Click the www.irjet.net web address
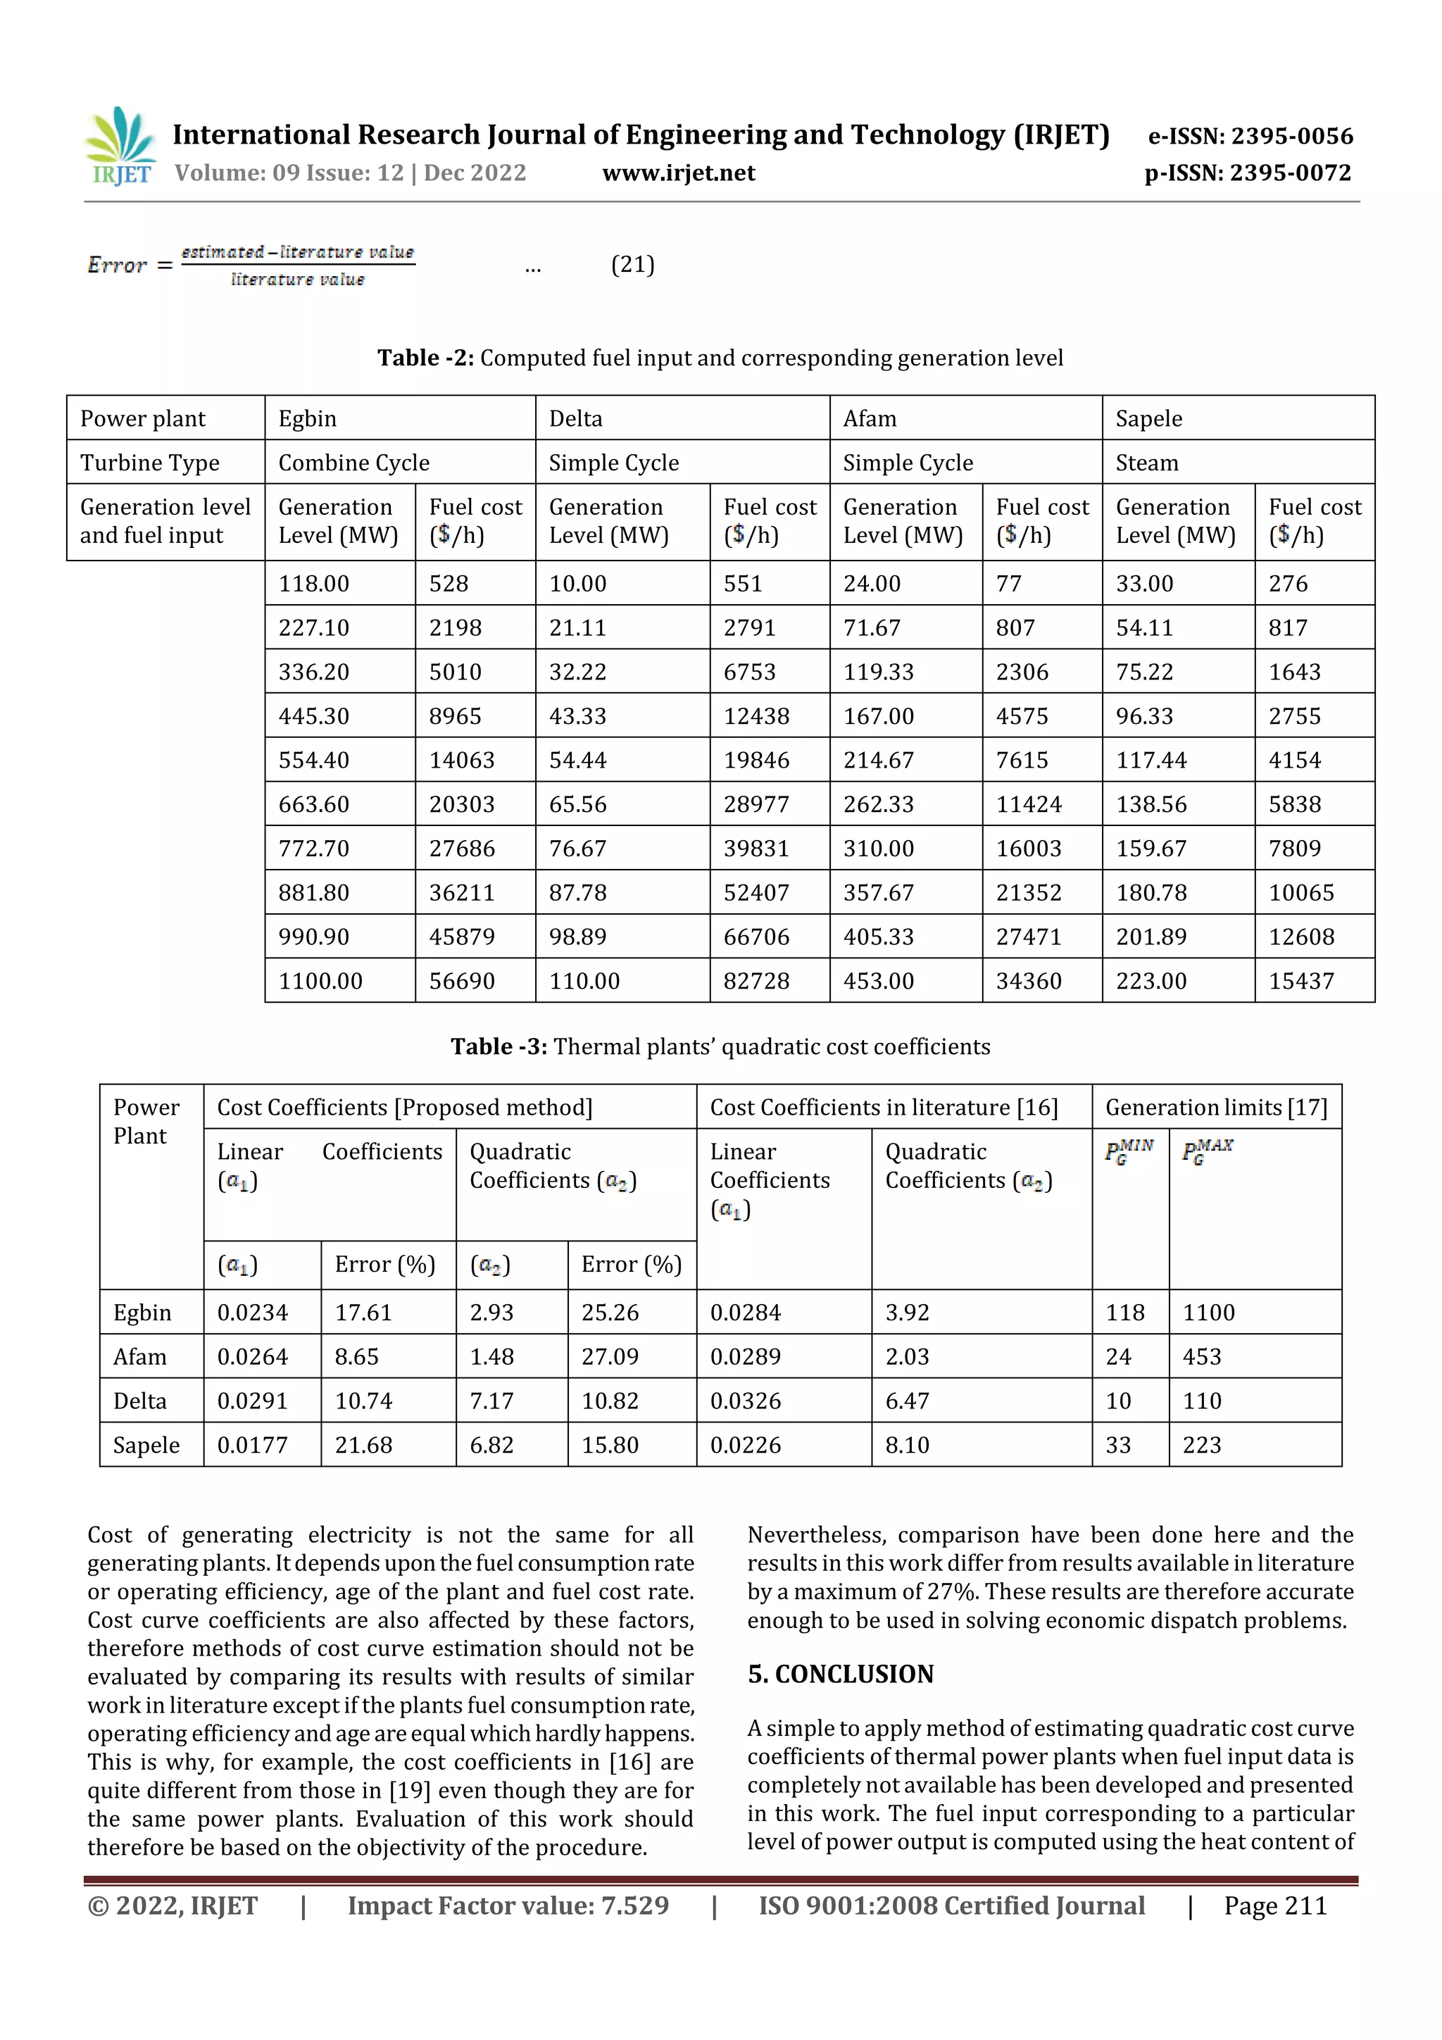coord(678,173)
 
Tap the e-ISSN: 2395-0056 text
coord(1250,136)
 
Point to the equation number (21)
coord(632,265)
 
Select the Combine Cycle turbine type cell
coord(353,463)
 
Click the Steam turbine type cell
coord(1147,463)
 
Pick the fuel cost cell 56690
coord(462,981)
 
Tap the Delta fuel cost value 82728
coord(756,981)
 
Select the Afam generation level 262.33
coord(878,804)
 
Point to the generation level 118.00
coord(313,584)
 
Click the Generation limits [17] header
coord(1215,1107)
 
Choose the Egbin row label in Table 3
coord(142,1313)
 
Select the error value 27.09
coord(610,1357)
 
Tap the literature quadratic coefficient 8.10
coord(907,1445)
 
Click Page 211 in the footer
coord(1275,1906)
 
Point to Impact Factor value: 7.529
coord(508,1906)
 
